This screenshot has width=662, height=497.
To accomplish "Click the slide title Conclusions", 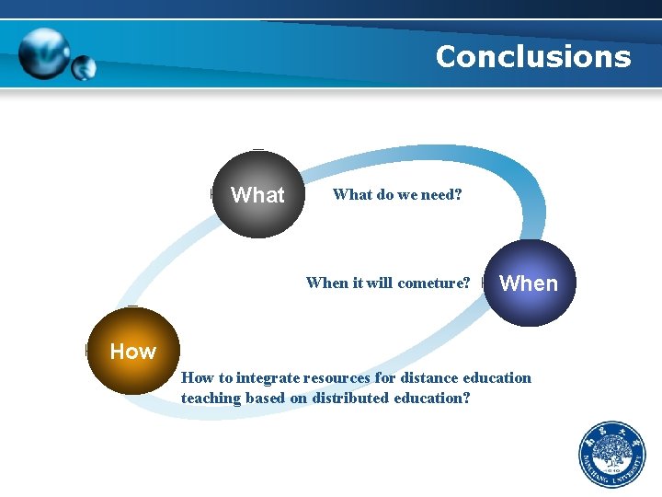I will tap(533, 57).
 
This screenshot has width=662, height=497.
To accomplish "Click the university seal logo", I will tap(611, 455).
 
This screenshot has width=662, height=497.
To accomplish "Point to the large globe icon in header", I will tap(43, 52).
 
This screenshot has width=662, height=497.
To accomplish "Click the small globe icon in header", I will tap(84, 67).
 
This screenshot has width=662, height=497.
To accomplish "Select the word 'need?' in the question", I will tap(441, 194).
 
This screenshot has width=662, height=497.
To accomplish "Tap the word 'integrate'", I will tap(268, 377).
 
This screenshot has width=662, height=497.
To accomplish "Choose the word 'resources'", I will tap(339, 377).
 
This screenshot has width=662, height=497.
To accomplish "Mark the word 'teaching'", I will tap(211, 399).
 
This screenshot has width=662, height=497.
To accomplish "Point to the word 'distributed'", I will tap(350, 399).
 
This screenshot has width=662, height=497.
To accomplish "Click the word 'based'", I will tap(268, 399).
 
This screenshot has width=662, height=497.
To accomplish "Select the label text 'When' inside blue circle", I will tap(528, 283).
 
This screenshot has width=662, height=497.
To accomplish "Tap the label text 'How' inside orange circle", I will tap(133, 351).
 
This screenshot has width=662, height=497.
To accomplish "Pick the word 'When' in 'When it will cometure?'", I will tap(326, 283).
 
